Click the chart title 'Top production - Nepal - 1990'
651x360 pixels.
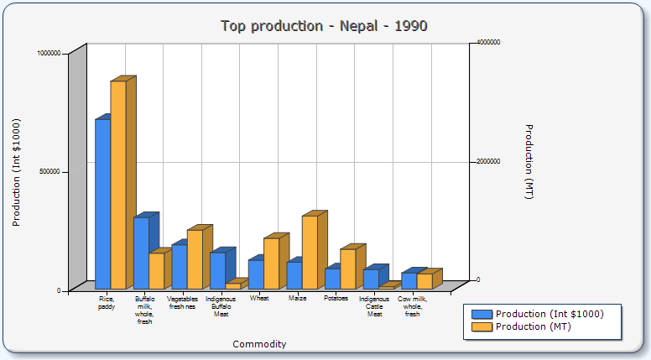325,26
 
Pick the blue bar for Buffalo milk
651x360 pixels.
141,253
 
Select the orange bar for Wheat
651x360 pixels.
271,263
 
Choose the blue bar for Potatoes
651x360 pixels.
332,279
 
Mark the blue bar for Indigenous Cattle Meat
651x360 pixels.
371,279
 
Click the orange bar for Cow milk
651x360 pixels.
424,281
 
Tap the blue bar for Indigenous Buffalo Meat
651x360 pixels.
217,270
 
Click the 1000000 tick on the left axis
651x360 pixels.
49,53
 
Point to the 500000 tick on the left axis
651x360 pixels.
51,171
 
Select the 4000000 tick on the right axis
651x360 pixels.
488,42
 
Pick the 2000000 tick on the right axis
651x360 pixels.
488,161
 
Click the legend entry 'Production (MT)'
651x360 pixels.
534,326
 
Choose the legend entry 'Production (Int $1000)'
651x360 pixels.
549,314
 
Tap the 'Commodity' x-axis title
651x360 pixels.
259,344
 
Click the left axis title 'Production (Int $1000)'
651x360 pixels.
16,172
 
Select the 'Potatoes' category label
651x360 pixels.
336,298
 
